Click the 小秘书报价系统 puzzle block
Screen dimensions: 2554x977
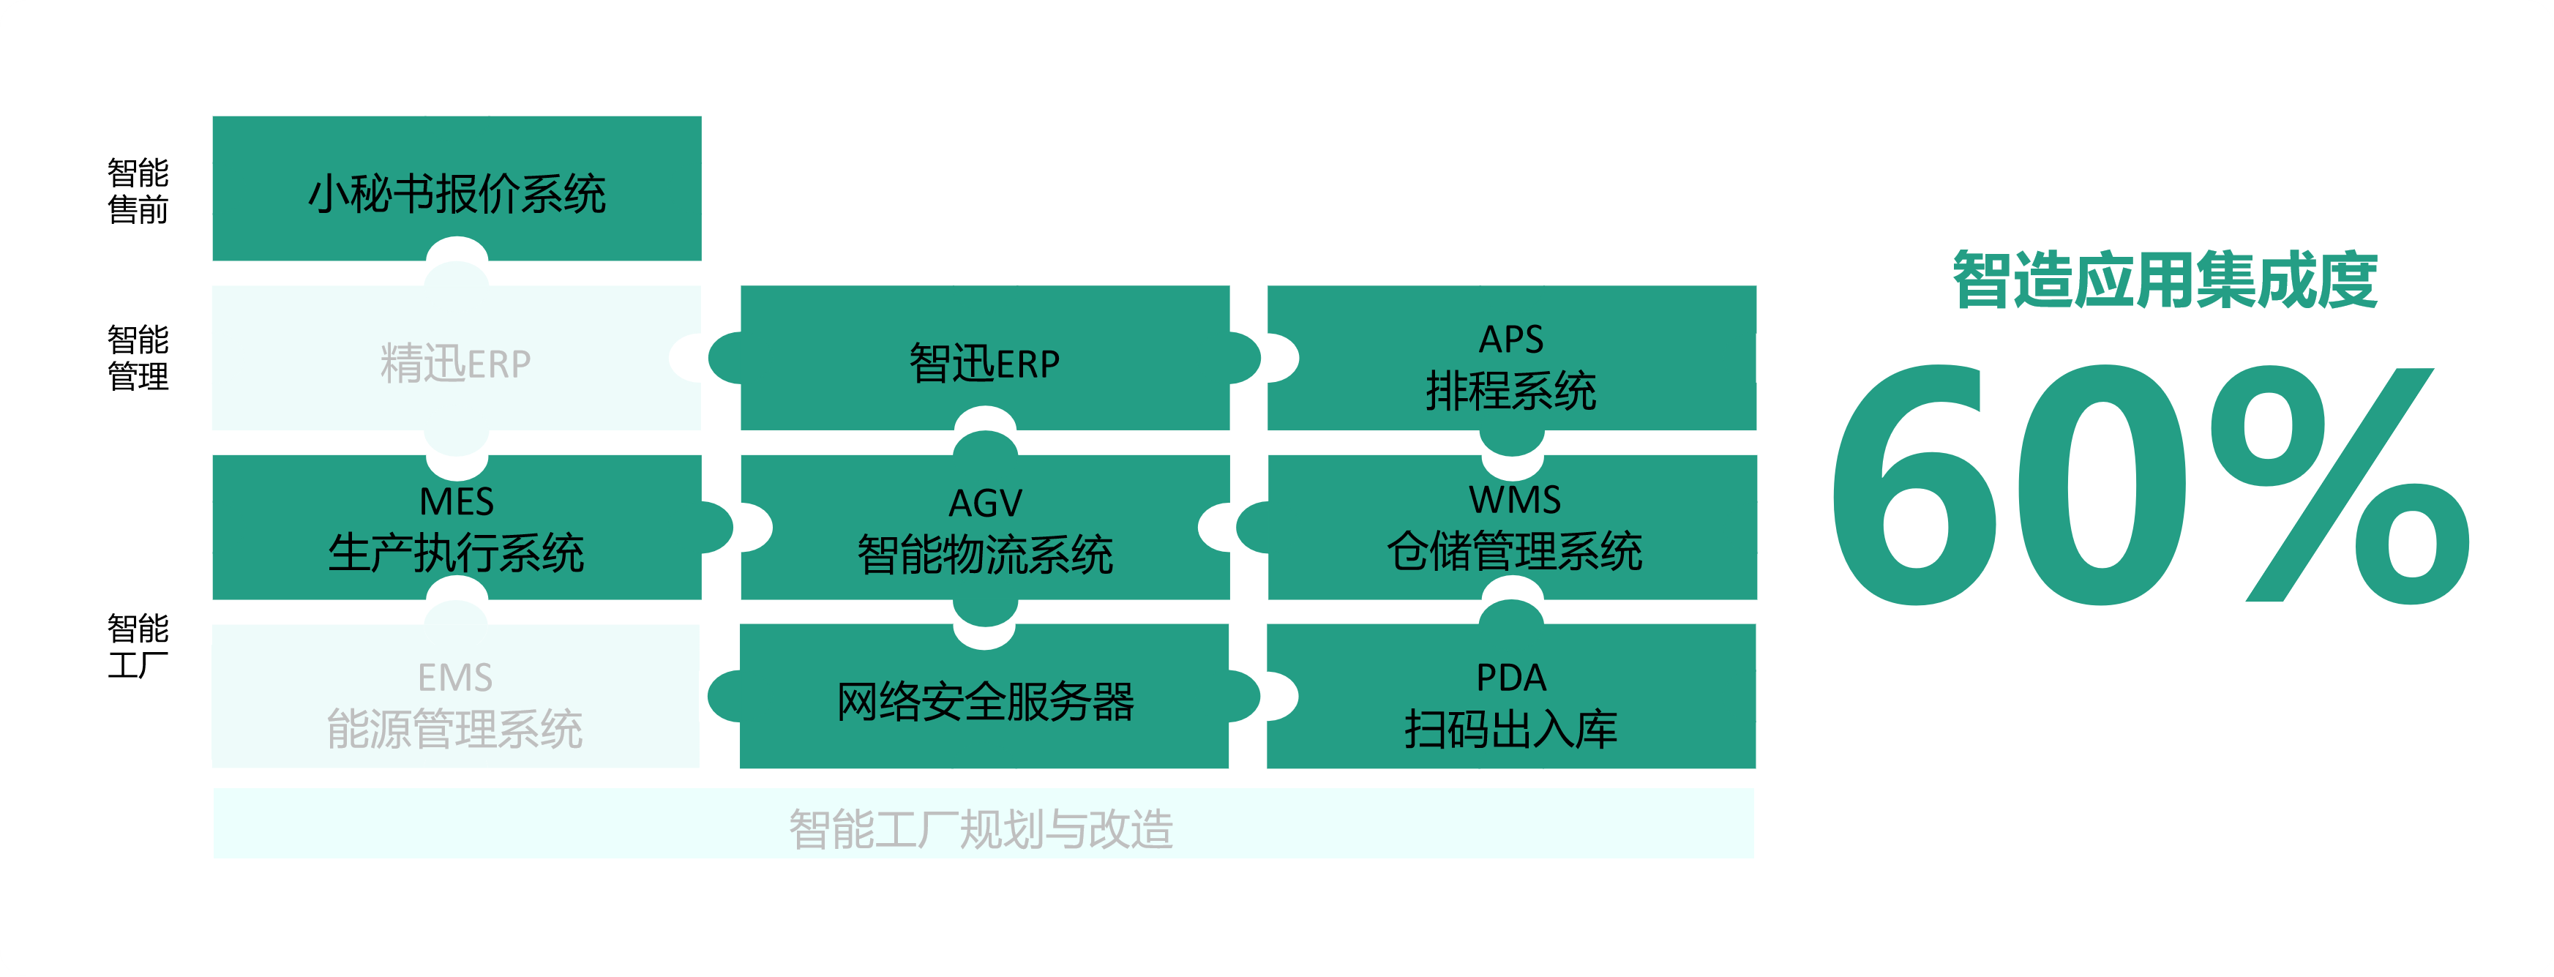pyautogui.click(x=457, y=189)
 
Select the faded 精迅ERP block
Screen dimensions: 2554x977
pyautogui.click(x=457, y=358)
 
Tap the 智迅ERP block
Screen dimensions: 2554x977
pyautogui.click(x=984, y=358)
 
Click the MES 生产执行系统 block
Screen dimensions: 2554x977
pyautogui.click(x=457, y=528)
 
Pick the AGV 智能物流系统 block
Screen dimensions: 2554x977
pyautogui.click(x=984, y=528)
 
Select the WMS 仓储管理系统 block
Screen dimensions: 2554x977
pyautogui.click(x=1512, y=528)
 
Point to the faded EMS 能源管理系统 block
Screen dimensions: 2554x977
pyautogui.click(x=457, y=696)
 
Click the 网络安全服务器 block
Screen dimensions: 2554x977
pyautogui.click(x=984, y=696)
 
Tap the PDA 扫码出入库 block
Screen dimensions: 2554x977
pyautogui.click(x=1512, y=696)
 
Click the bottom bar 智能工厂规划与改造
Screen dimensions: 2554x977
pyautogui.click(x=984, y=824)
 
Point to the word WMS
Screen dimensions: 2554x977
pyautogui.click(x=1515, y=500)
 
